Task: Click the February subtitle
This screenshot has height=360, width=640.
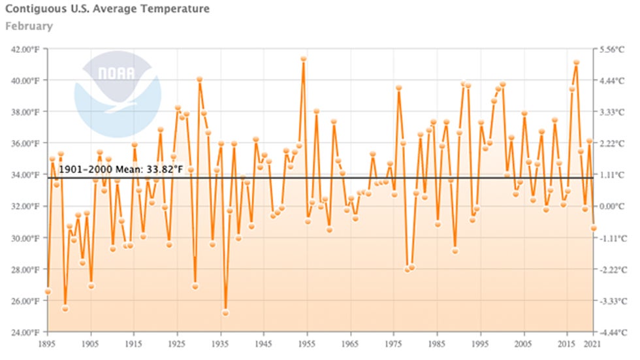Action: (x=29, y=26)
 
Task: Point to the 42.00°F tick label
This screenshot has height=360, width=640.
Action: (x=28, y=49)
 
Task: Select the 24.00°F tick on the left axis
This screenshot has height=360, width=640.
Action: (x=28, y=332)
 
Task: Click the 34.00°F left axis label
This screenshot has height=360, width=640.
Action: (x=28, y=174)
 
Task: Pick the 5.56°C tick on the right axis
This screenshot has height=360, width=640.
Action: (x=612, y=49)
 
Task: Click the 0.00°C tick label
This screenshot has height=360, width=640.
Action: (x=612, y=206)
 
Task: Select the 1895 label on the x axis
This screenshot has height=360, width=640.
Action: (x=48, y=344)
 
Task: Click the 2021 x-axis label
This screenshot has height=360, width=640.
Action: (x=593, y=344)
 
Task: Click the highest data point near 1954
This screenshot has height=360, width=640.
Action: (x=304, y=59)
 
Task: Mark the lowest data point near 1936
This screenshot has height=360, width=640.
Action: (x=225, y=312)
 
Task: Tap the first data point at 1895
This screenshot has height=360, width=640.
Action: (x=48, y=291)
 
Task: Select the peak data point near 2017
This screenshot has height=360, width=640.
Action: (x=576, y=63)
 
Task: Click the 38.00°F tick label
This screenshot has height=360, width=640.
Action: (x=28, y=112)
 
